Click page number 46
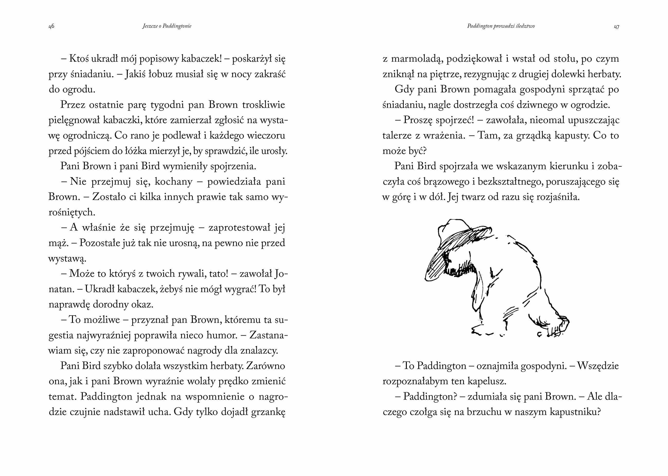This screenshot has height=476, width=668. tap(51, 26)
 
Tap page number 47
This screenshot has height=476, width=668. tap(616, 27)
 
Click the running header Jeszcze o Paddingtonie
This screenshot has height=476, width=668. tap(167, 26)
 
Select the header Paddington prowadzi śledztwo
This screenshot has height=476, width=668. tap(501, 26)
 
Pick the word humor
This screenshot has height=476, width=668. tap(222, 335)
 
